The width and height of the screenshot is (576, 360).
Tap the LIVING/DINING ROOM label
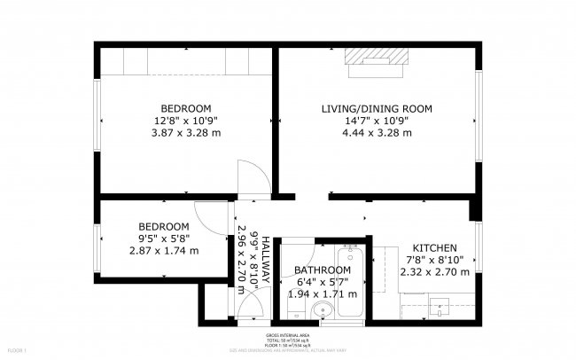pyautogui.click(x=376, y=109)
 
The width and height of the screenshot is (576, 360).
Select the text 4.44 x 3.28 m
pyautogui.click(x=376, y=133)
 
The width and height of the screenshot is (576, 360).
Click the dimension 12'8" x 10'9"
pyautogui.click(x=186, y=121)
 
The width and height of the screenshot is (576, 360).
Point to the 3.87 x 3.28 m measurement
pyautogui.click(x=186, y=133)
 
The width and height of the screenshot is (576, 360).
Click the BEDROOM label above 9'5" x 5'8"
pyautogui.click(x=164, y=226)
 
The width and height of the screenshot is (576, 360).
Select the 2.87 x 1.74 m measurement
pyautogui.click(x=164, y=250)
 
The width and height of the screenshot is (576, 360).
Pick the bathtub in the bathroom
pyautogui.click(x=349, y=282)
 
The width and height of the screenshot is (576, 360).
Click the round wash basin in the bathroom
pyautogui.click(x=323, y=309)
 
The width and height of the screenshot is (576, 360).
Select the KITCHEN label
pyautogui.click(x=434, y=247)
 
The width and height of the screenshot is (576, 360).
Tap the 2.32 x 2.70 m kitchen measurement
pyautogui.click(x=434, y=271)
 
